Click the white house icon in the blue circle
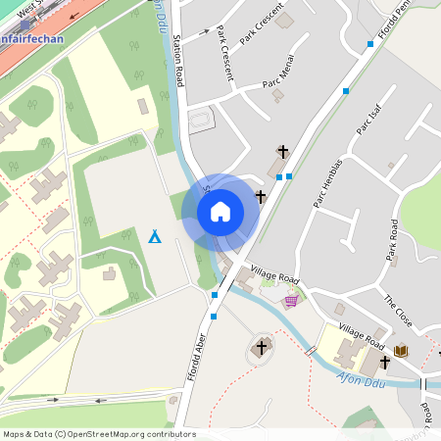(x=220, y=211)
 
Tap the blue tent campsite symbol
(x=155, y=236)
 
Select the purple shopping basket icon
(x=290, y=303)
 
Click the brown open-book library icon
(x=401, y=351)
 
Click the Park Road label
(x=392, y=242)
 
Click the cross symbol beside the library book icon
(x=384, y=362)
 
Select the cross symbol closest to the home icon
(x=261, y=197)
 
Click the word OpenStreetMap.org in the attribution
(x=119, y=433)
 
